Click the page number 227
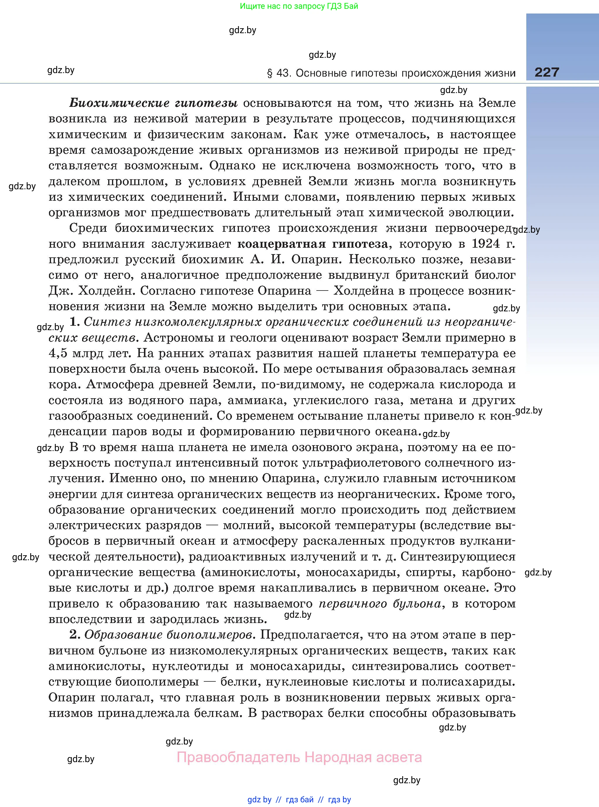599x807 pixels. pyautogui.click(x=547, y=72)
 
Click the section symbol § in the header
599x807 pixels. pyautogui.click(x=269, y=74)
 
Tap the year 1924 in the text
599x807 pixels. pyautogui.click(x=486, y=244)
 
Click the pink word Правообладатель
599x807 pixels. pyautogui.click(x=238, y=757)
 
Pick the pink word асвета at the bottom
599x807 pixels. pyautogui.click(x=399, y=757)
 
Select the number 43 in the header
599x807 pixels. pyautogui.click(x=283, y=73)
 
